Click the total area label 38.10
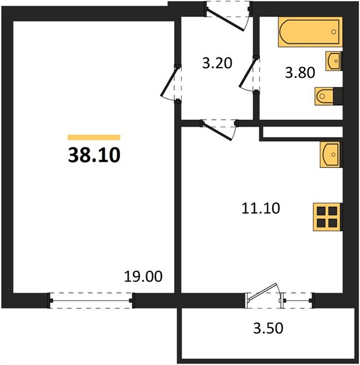tap(94, 155)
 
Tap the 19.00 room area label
tap(143, 277)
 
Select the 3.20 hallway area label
tap(217, 63)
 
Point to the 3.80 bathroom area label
tap(300, 72)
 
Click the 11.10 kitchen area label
tap(261, 208)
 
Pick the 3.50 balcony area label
tap(268, 328)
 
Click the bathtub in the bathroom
tap(310, 32)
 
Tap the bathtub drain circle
tap(334, 32)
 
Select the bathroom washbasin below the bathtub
tap(334, 61)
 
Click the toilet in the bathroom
tap(328, 96)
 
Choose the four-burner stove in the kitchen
tap(328, 217)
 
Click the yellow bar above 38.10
tap(94, 137)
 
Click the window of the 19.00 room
tap(91, 301)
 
